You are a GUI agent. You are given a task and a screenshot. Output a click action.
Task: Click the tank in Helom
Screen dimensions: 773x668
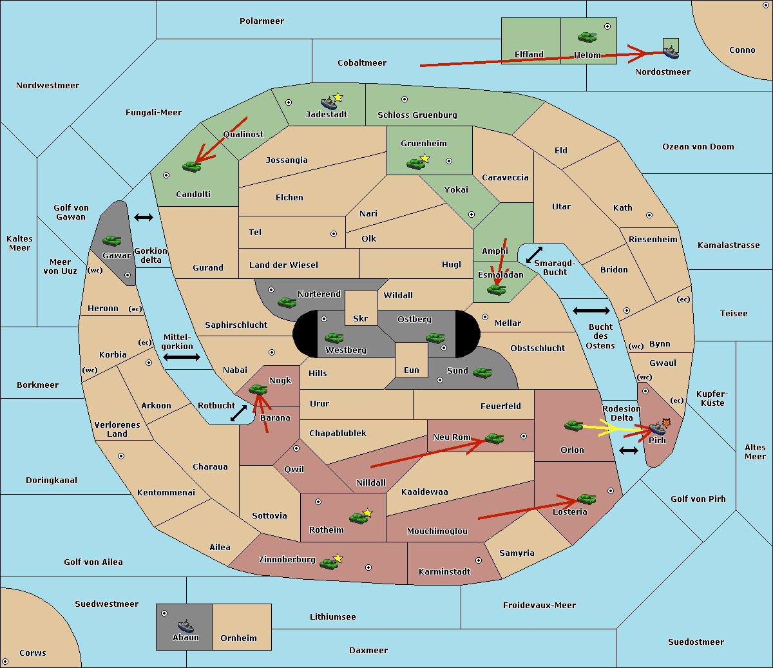[587, 37]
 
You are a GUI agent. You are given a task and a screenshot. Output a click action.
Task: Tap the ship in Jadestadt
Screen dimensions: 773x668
[329, 103]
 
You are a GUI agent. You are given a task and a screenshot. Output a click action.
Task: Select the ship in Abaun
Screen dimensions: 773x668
[186, 625]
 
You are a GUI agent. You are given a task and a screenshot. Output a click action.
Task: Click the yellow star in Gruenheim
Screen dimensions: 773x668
[425, 158]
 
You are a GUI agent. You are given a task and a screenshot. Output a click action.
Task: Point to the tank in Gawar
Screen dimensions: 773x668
[112, 240]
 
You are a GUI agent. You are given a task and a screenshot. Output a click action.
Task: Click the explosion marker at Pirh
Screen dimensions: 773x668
[666, 423]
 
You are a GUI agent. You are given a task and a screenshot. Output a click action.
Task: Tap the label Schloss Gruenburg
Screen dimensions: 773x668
[417, 115]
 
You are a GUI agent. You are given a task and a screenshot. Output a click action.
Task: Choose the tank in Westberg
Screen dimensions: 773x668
[334, 338]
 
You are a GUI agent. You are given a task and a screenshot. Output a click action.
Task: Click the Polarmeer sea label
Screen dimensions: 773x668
[262, 21]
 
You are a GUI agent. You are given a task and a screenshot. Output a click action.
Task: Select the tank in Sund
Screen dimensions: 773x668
[482, 372]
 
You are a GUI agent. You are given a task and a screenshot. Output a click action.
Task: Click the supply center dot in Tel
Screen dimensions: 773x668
[334, 234]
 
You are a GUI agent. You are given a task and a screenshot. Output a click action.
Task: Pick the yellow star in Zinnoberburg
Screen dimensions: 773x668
[338, 558]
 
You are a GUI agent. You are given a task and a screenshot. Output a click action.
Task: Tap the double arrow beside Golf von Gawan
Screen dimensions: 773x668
[144, 217]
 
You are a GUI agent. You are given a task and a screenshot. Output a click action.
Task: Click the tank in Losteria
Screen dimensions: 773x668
[586, 499]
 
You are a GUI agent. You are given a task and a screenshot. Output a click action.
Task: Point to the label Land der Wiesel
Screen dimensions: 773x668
[283, 265]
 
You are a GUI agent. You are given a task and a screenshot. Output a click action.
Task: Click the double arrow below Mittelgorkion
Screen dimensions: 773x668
[182, 357]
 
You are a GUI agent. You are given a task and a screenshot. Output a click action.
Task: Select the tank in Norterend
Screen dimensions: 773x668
[287, 302]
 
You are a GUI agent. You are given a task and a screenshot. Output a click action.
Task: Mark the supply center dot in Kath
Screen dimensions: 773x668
[649, 215]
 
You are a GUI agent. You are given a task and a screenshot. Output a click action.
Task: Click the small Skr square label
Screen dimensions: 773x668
[361, 318]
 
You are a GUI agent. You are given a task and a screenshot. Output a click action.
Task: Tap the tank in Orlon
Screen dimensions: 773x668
[573, 426]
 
